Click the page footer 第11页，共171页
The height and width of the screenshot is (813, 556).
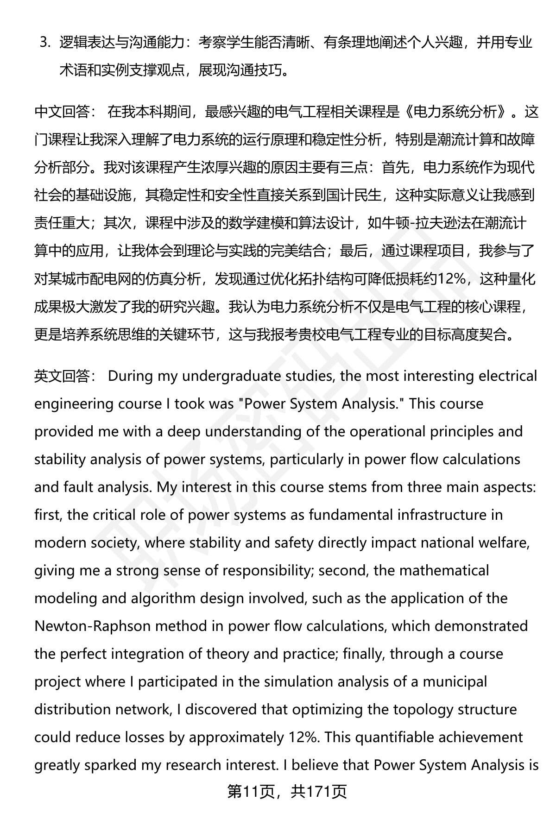coord(287,792)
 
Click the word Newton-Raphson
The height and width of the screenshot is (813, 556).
coord(93,626)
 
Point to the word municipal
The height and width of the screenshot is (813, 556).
coord(449,681)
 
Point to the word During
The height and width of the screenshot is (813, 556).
coord(130,376)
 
